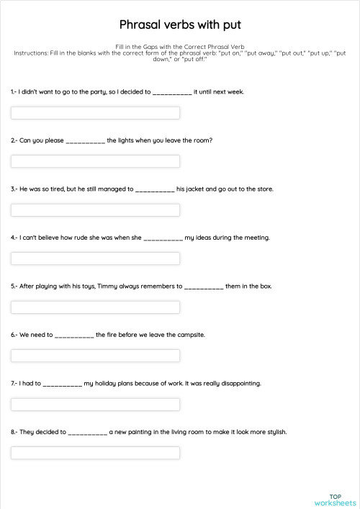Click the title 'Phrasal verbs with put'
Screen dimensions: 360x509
(180, 23)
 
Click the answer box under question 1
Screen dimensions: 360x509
(95, 113)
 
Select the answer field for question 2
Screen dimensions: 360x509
(95, 161)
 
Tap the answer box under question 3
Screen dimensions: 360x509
(95, 210)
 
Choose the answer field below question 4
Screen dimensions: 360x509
(95, 258)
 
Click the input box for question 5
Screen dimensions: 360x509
(95, 307)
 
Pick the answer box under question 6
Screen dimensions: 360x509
(95, 356)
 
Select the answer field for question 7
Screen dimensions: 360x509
(95, 405)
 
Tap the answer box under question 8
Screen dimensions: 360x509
(95, 453)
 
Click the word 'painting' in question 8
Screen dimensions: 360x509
(127, 432)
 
